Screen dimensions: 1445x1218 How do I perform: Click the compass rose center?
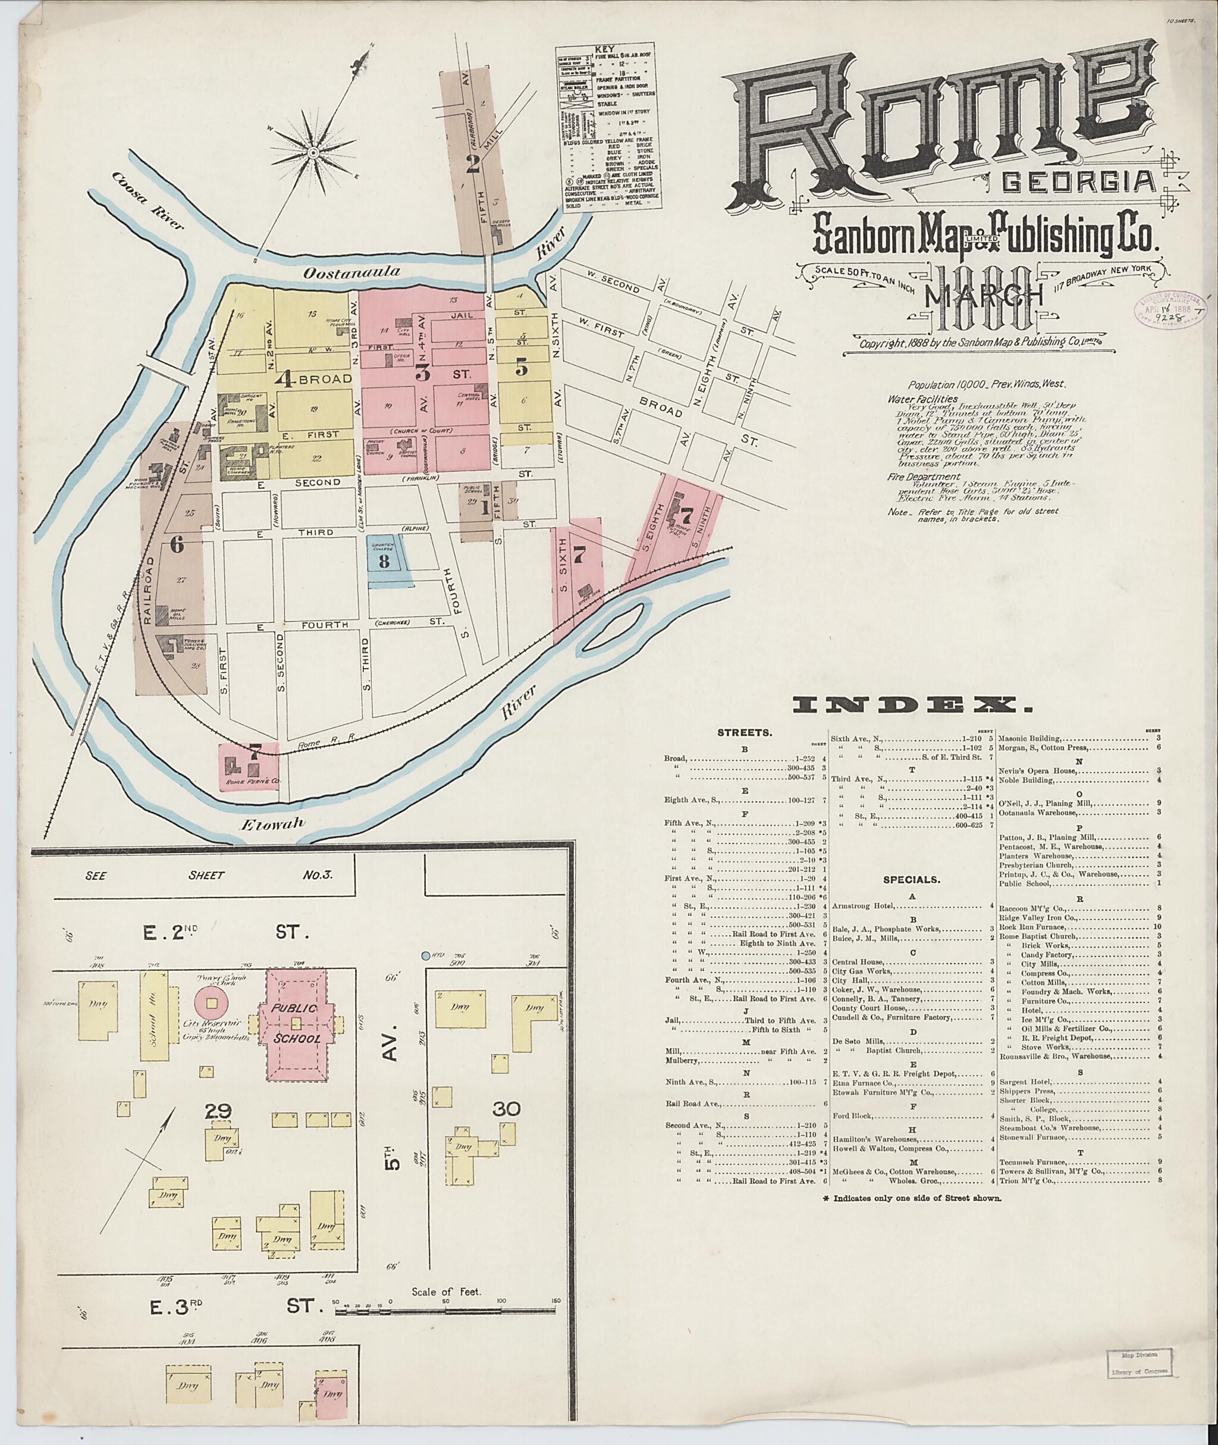coord(313,152)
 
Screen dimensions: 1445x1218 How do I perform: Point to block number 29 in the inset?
coord(218,1111)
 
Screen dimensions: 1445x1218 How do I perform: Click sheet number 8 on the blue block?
coord(384,560)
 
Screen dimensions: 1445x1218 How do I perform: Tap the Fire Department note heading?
coord(923,476)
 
